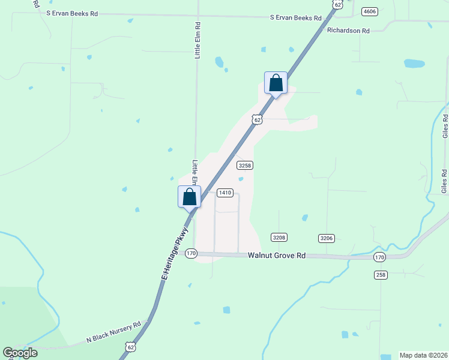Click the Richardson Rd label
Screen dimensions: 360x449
point(349,29)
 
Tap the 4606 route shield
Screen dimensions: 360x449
point(370,11)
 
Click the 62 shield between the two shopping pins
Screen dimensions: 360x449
point(257,119)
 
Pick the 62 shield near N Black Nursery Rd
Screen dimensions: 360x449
point(131,346)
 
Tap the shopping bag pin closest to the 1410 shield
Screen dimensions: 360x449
point(190,197)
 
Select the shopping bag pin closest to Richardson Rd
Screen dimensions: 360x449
point(276,83)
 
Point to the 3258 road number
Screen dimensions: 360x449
point(244,165)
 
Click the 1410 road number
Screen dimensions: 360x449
point(224,193)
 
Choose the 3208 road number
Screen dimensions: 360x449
point(279,238)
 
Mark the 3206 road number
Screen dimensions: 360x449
point(327,238)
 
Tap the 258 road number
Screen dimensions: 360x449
point(381,275)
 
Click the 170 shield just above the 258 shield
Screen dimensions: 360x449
point(379,257)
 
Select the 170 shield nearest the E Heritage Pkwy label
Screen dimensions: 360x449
point(191,253)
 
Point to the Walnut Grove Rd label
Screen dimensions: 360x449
point(277,256)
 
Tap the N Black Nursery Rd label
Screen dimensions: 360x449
point(113,332)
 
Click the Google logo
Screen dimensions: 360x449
point(20,352)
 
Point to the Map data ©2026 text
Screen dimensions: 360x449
point(423,355)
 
